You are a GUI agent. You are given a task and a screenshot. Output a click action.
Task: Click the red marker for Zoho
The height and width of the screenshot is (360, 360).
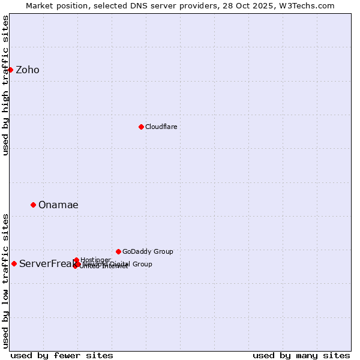pos(10,70)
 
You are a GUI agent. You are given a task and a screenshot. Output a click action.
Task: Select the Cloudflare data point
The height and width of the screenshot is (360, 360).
pos(141,127)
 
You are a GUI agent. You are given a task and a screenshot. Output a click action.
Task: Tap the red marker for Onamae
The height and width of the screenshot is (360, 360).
pos(33,205)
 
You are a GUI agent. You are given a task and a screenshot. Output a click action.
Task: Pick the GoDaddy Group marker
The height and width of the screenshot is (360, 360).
pos(118,251)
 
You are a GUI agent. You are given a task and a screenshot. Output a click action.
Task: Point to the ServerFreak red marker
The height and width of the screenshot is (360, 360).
pos(14,263)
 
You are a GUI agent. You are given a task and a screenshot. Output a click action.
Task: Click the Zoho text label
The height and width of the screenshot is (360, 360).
pos(28,70)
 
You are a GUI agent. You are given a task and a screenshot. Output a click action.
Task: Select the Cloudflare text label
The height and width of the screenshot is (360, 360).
pos(161,127)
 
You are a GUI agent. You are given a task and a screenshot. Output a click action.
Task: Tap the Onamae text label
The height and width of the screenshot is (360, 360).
pos(58,205)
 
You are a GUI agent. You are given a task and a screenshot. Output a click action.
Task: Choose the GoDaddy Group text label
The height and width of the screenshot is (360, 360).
pos(148,251)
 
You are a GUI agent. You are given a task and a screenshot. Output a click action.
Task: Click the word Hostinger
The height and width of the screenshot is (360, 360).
pos(96,260)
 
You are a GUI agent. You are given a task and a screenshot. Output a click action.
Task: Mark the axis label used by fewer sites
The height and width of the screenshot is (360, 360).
pos(62,355)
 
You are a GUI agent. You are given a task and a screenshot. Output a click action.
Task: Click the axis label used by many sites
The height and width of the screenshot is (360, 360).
pos(301,355)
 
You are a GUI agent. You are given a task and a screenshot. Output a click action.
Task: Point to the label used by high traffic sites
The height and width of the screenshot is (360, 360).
pos(5,85)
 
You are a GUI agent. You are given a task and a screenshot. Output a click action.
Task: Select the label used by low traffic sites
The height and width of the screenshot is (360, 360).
pos(5,281)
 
